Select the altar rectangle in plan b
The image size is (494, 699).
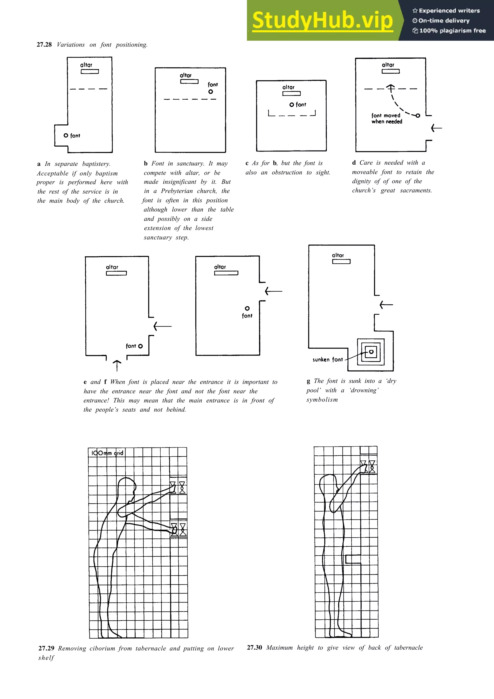189,82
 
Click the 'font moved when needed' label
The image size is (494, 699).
387,118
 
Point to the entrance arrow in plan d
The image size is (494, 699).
437,128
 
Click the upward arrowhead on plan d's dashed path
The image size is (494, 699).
391,87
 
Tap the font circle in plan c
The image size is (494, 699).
292,105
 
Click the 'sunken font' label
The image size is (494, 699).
328,360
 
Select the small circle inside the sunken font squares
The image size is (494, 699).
371,352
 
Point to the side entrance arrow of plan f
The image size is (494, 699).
273,291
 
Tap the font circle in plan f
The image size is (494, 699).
247,308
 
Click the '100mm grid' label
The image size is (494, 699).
107,453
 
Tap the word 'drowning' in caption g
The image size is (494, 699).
364,390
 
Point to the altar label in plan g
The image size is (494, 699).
338,255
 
